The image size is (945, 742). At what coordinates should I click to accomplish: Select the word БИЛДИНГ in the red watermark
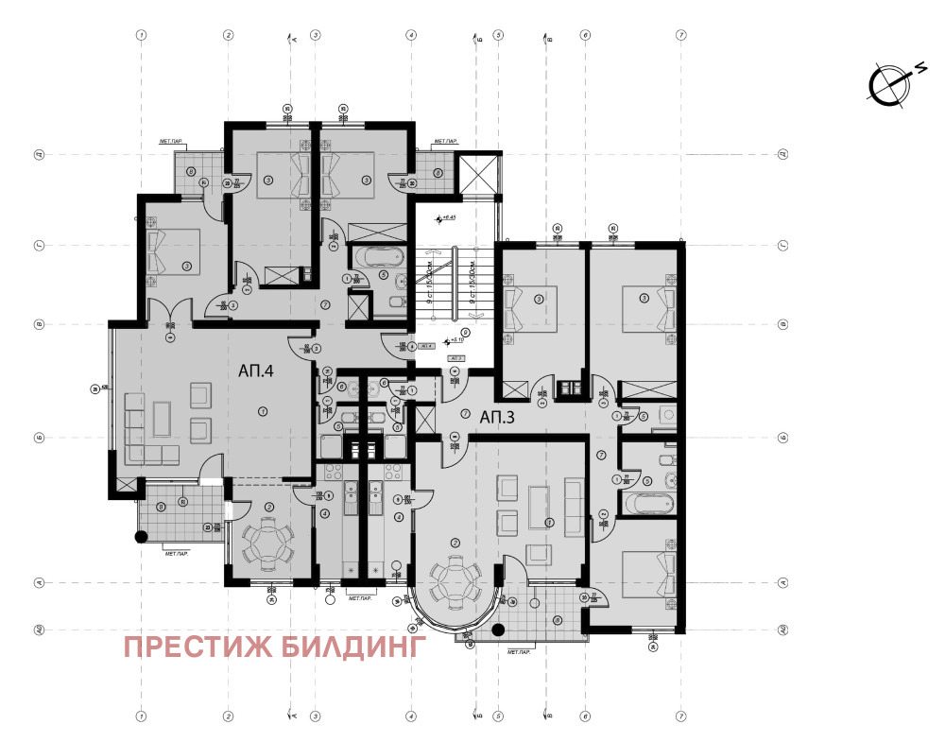tap(351, 647)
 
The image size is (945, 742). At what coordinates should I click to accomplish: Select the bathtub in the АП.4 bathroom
tap(371, 255)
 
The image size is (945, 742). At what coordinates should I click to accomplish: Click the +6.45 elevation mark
tap(446, 218)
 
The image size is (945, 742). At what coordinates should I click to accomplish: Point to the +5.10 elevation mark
tap(457, 339)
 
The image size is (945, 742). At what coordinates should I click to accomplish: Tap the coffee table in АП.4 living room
tap(163, 418)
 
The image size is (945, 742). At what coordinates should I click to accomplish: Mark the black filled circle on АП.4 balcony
tap(141, 538)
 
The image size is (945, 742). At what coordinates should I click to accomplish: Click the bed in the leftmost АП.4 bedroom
tap(172, 250)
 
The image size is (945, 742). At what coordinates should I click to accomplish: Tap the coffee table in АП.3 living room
tap(541, 507)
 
